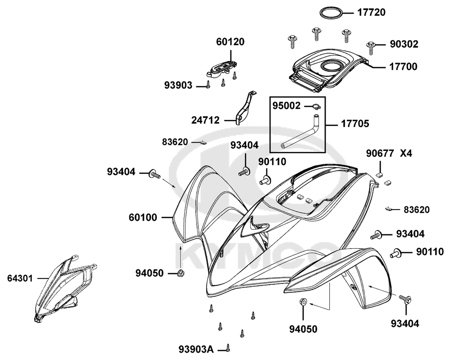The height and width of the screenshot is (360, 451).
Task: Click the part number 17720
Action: [371, 13]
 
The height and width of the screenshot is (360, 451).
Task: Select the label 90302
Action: [404, 44]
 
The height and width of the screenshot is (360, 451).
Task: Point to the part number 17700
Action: [403, 67]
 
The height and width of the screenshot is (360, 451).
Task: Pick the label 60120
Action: [230, 42]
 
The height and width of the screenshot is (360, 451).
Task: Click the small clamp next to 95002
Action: [317, 107]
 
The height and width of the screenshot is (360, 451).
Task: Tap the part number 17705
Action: [355, 124]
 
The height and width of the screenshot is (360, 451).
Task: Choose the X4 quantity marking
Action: [406, 154]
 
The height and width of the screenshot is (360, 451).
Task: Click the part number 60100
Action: [143, 218]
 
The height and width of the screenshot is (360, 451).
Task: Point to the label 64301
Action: [20, 278]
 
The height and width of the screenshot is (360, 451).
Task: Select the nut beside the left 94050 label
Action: [181, 273]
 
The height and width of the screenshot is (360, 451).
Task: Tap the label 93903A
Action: [196, 349]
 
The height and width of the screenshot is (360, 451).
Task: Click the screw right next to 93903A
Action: [228, 348]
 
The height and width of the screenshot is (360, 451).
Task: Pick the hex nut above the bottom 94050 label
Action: [303, 302]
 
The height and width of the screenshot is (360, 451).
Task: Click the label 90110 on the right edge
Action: [430, 252]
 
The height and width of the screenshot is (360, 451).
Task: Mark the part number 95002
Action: [286, 106]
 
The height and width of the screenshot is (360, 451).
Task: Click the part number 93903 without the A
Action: [178, 85]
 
